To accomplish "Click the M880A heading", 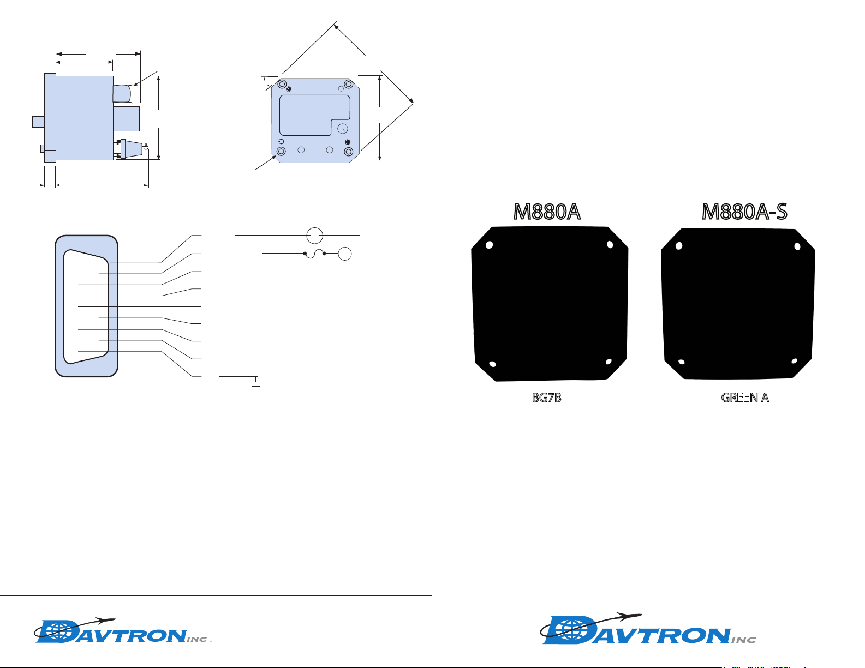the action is click(x=547, y=212).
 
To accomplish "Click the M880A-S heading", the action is click(x=744, y=212).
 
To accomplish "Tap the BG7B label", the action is click(x=546, y=398).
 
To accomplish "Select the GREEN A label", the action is click(x=745, y=398).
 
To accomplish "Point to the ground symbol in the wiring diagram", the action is click(x=256, y=384).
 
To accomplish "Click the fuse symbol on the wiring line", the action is click(x=314, y=254).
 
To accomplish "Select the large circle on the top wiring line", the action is click(x=314, y=236).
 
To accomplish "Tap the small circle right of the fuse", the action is click(x=345, y=254).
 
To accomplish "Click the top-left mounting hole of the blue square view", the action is click(x=282, y=84).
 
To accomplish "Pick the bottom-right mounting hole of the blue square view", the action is click(x=348, y=152).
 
